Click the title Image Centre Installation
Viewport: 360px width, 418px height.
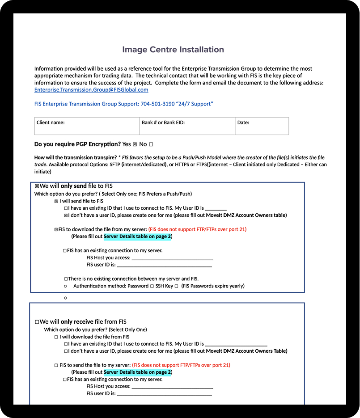(173, 50)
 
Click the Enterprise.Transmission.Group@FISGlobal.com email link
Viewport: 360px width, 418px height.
(91, 90)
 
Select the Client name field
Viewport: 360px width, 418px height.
(87, 126)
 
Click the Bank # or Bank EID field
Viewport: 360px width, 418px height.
(187, 126)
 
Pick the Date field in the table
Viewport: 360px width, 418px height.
(262, 126)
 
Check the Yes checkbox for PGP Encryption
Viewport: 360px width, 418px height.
(135, 145)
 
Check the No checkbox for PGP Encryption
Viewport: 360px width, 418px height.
(151, 145)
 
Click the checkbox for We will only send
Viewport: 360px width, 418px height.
(37, 186)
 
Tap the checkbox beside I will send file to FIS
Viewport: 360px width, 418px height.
(56, 201)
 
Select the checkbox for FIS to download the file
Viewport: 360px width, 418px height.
(56, 229)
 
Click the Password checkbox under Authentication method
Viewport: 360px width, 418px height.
(152, 286)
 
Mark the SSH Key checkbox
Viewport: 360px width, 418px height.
(177, 286)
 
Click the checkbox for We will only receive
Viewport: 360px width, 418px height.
(37, 322)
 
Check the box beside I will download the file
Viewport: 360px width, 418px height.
(56, 337)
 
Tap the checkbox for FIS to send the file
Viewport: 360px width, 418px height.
(56, 365)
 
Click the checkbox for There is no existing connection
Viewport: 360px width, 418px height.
(66, 279)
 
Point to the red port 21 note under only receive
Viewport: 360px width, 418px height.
(181, 365)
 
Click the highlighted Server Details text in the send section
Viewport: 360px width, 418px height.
(137, 236)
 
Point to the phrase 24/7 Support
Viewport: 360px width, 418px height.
(195, 104)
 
